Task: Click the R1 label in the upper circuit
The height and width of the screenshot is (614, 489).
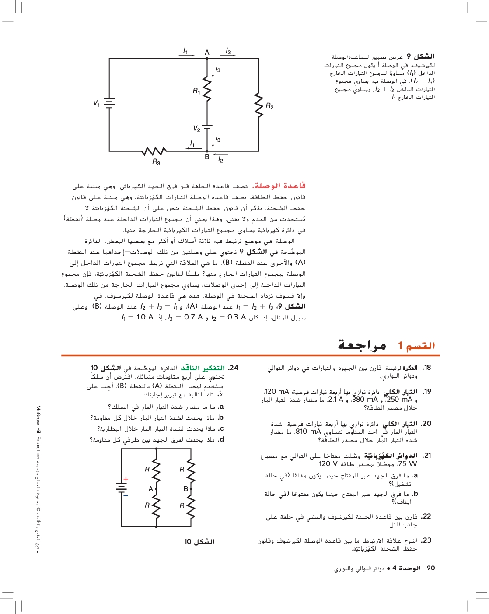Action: point(196,91)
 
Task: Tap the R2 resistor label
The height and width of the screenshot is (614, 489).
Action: point(269,106)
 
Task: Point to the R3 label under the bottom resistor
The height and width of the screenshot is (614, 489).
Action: point(156,162)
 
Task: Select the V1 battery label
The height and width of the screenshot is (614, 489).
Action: point(96,103)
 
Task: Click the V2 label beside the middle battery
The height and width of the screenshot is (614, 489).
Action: point(196,129)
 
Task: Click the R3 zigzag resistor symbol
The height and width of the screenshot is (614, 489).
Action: point(154,151)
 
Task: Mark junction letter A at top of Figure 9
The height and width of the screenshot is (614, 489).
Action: point(207,53)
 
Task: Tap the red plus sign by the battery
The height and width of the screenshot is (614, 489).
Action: point(126,479)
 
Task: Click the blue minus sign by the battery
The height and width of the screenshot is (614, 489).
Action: point(126,495)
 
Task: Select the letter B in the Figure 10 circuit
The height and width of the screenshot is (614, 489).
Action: point(186,489)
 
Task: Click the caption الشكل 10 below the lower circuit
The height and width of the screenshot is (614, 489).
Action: point(199,542)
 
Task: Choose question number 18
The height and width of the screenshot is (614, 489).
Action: point(426,368)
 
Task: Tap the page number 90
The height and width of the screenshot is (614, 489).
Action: point(431,568)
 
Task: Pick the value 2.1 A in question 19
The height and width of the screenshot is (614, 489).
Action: point(335,400)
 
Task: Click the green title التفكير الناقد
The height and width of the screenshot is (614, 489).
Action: point(203,368)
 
